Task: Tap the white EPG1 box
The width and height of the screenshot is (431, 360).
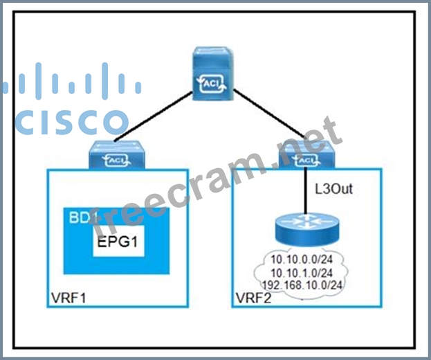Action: tap(118, 243)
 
